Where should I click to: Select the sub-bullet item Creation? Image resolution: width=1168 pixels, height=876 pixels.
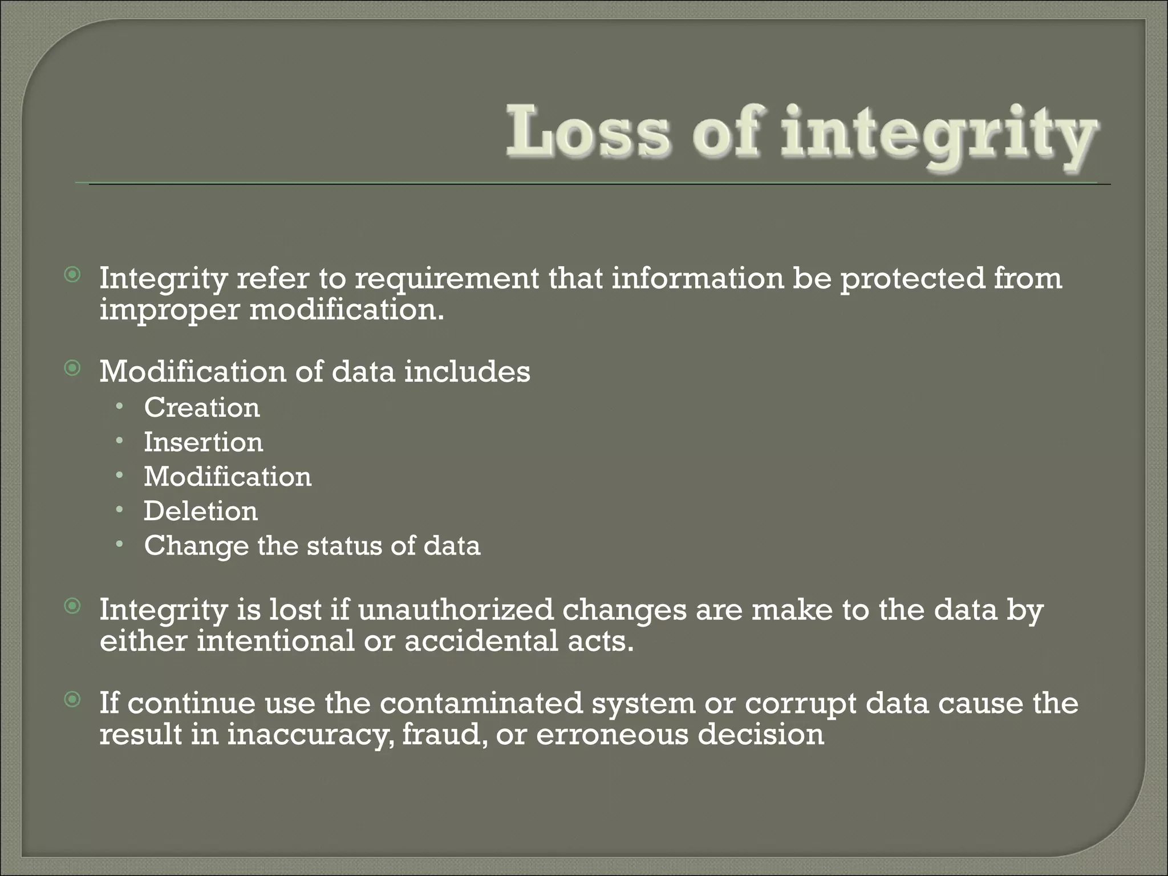[x=202, y=407]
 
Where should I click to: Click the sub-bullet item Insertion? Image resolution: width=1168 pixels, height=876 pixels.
[x=204, y=442]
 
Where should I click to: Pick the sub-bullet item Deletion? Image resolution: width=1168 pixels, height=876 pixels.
[x=201, y=511]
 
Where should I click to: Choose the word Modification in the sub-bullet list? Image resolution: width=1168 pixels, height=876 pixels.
[x=228, y=476]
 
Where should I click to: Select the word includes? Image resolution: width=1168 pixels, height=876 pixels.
[x=467, y=371]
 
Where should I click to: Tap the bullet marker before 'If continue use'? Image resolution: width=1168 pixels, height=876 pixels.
[x=72, y=699]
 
